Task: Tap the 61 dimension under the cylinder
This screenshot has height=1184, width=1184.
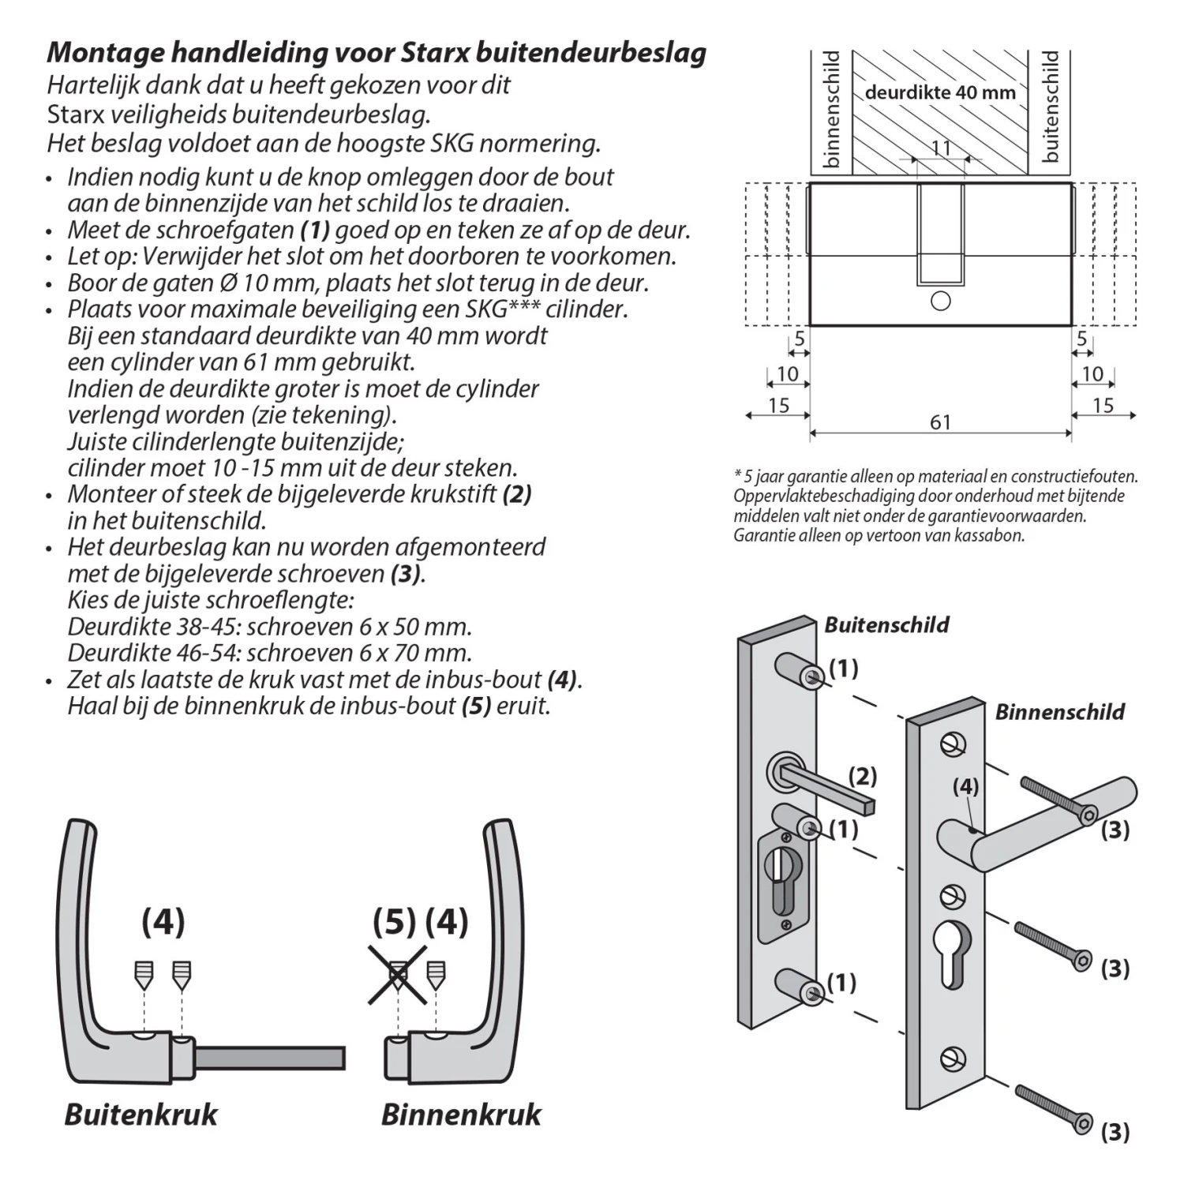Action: [x=940, y=422]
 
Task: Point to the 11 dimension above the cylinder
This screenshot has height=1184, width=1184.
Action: [x=941, y=148]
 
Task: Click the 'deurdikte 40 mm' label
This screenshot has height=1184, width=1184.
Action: [x=940, y=92]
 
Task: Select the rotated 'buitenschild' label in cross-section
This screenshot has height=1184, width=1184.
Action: [x=1051, y=107]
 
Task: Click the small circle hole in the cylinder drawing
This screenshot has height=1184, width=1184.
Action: [x=940, y=301]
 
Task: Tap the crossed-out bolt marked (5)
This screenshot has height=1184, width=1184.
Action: [x=398, y=975]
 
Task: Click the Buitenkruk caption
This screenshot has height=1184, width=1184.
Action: [x=141, y=1115]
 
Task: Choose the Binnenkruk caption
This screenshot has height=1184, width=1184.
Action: [x=461, y=1115]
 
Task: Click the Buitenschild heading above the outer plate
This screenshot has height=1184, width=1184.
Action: [x=886, y=625]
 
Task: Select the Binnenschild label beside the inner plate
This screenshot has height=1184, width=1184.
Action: [x=1059, y=712]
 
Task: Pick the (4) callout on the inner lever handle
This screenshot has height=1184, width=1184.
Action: [x=965, y=787]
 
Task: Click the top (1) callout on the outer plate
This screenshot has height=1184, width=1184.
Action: [x=843, y=669]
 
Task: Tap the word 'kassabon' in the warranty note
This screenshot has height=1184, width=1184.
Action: [x=987, y=535]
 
